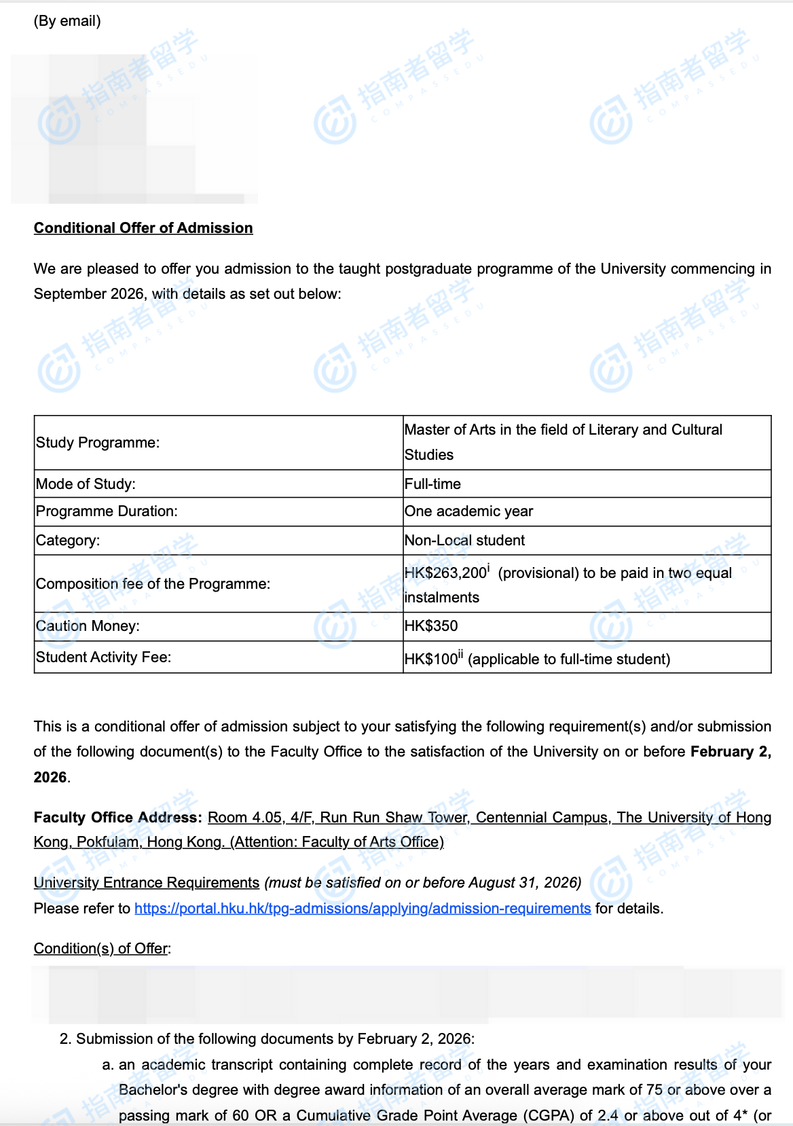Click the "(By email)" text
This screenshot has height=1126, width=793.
(x=67, y=21)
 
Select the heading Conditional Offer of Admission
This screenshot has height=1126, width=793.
(x=143, y=228)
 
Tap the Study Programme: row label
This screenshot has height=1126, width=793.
(x=98, y=443)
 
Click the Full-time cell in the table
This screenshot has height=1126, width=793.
(x=432, y=484)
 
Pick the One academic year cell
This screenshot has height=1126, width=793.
(x=468, y=511)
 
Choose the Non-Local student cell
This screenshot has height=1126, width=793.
(x=464, y=541)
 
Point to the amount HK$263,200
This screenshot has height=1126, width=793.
(x=445, y=573)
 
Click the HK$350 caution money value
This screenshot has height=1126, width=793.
(x=431, y=626)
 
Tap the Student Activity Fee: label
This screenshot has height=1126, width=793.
(x=103, y=657)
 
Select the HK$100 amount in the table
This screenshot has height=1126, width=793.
(x=431, y=659)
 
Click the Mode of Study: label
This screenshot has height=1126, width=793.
(x=86, y=484)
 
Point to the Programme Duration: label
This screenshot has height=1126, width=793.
(x=107, y=511)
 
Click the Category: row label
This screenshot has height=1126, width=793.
(x=68, y=541)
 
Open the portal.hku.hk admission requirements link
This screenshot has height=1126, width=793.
(x=363, y=909)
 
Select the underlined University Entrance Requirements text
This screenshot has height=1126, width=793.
(x=147, y=883)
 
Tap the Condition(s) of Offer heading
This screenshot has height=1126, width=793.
(x=102, y=949)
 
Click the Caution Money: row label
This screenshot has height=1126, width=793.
(x=88, y=626)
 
